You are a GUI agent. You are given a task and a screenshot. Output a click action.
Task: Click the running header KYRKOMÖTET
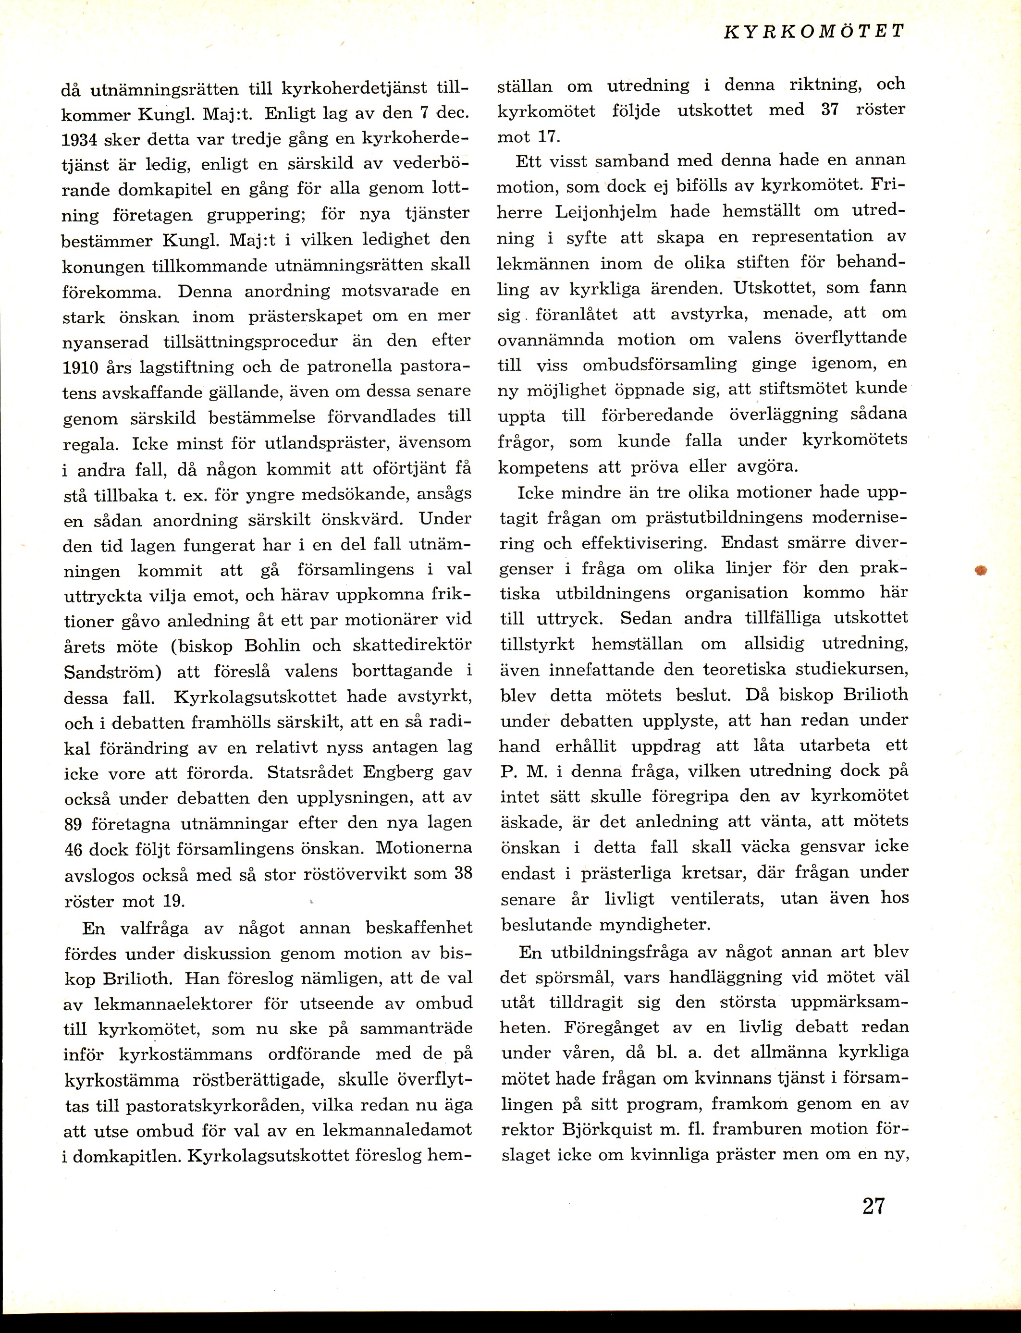(x=814, y=32)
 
